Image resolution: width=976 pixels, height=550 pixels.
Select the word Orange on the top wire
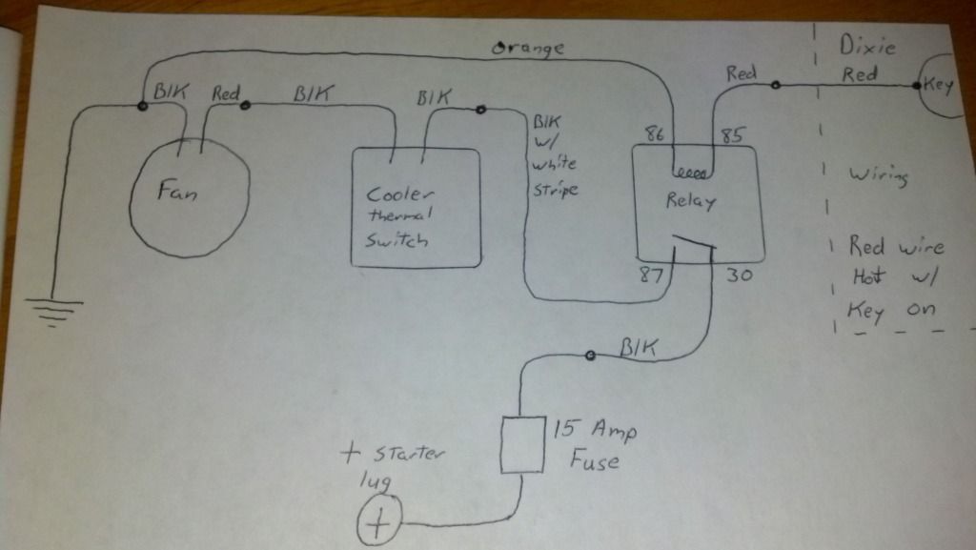tap(527, 47)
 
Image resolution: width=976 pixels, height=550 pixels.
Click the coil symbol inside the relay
tap(690, 174)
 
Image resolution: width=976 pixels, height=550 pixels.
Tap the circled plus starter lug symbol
tap(378, 523)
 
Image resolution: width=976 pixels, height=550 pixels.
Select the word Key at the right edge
tap(939, 85)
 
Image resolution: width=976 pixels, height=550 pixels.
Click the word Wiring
tap(880, 177)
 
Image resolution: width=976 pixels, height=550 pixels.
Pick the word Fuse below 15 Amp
tap(596, 462)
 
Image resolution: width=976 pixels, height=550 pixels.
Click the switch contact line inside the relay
tap(694, 251)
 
